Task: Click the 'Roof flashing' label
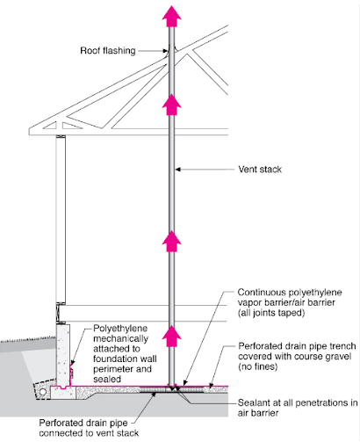tap(108, 51)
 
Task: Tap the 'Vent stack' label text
tap(260, 170)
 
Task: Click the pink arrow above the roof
tap(172, 16)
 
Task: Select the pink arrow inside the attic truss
tap(172, 105)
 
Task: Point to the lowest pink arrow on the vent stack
tap(172, 336)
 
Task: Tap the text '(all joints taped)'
tap(271, 313)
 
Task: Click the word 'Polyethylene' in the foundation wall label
tap(120, 329)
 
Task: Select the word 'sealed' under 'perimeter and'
tap(107, 379)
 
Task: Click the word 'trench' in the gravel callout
tap(342, 346)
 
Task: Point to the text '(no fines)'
tap(257, 366)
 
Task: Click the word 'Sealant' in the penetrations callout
tap(253, 402)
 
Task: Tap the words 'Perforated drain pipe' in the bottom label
tap(83, 424)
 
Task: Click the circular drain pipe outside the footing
tap(43, 392)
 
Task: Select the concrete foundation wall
tap(63, 355)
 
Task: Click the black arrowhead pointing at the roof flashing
tap(165, 51)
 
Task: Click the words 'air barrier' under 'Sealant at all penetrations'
tap(258, 413)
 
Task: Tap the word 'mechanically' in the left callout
tap(120, 338)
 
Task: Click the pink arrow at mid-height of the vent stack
tap(172, 242)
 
